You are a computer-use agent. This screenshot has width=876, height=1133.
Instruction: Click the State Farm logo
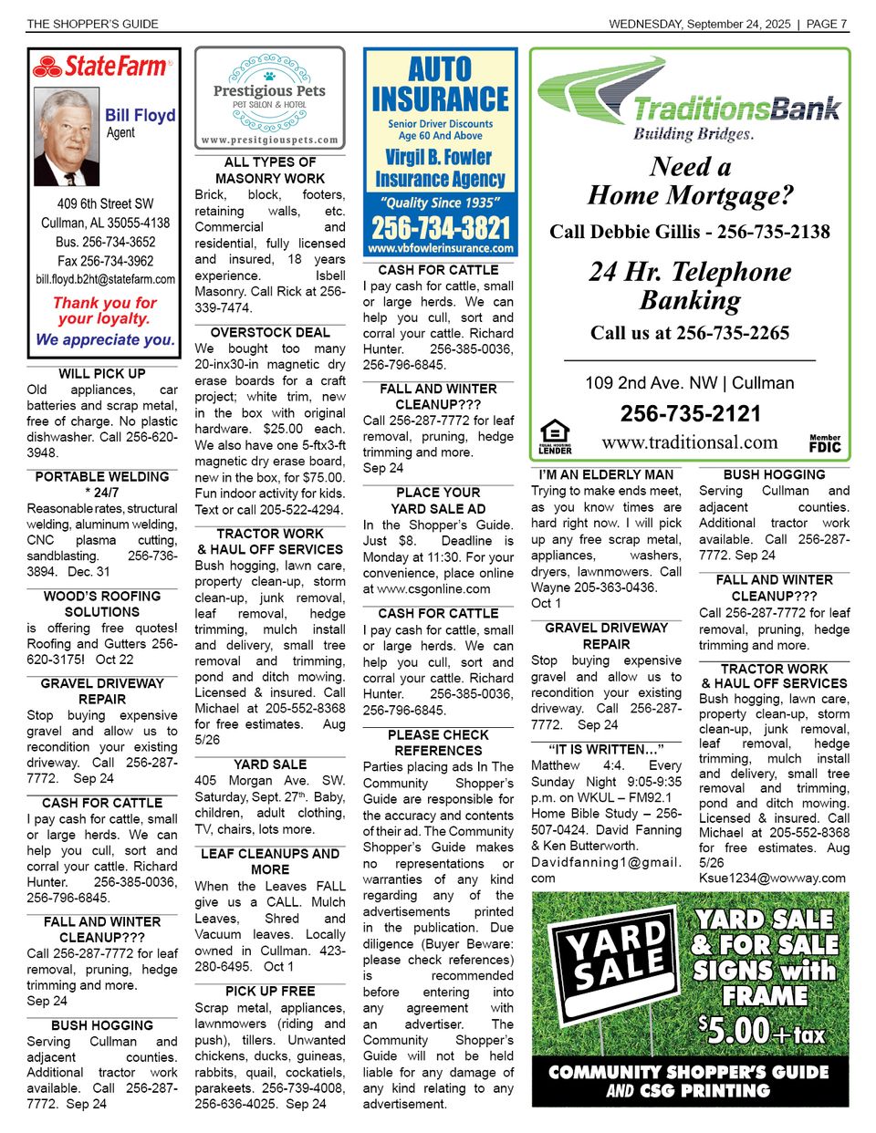(x=101, y=67)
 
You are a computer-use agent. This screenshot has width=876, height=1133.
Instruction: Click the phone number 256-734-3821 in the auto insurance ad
(x=441, y=227)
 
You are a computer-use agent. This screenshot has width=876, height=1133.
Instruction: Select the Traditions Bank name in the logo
(x=735, y=109)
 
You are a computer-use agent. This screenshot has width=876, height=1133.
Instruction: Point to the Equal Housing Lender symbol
(x=555, y=437)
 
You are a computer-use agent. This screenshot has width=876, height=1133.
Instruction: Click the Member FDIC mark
(x=825, y=443)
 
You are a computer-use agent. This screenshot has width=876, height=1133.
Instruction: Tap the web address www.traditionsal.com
(x=690, y=442)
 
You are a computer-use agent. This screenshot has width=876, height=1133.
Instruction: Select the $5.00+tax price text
(x=760, y=1031)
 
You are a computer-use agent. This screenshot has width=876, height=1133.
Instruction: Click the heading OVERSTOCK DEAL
(x=270, y=333)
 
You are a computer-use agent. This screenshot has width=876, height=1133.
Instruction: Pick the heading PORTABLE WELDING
(x=102, y=477)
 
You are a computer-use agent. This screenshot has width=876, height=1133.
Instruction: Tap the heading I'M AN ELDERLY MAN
(x=606, y=475)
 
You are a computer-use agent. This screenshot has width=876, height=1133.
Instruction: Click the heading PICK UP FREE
(x=270, y=992)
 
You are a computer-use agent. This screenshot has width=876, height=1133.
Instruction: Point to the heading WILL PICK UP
(x=102, y=374)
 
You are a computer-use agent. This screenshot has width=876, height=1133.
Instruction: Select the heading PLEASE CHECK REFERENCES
(x=438, y=743)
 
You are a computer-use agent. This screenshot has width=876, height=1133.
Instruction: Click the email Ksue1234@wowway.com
(x=772, y=878)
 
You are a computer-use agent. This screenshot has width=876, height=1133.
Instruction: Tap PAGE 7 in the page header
(x=828, y=24)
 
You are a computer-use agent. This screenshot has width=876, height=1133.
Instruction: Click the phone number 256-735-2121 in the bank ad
(x=690, y=414)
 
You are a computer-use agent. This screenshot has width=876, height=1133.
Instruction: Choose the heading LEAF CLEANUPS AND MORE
(x=270, y=861)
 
